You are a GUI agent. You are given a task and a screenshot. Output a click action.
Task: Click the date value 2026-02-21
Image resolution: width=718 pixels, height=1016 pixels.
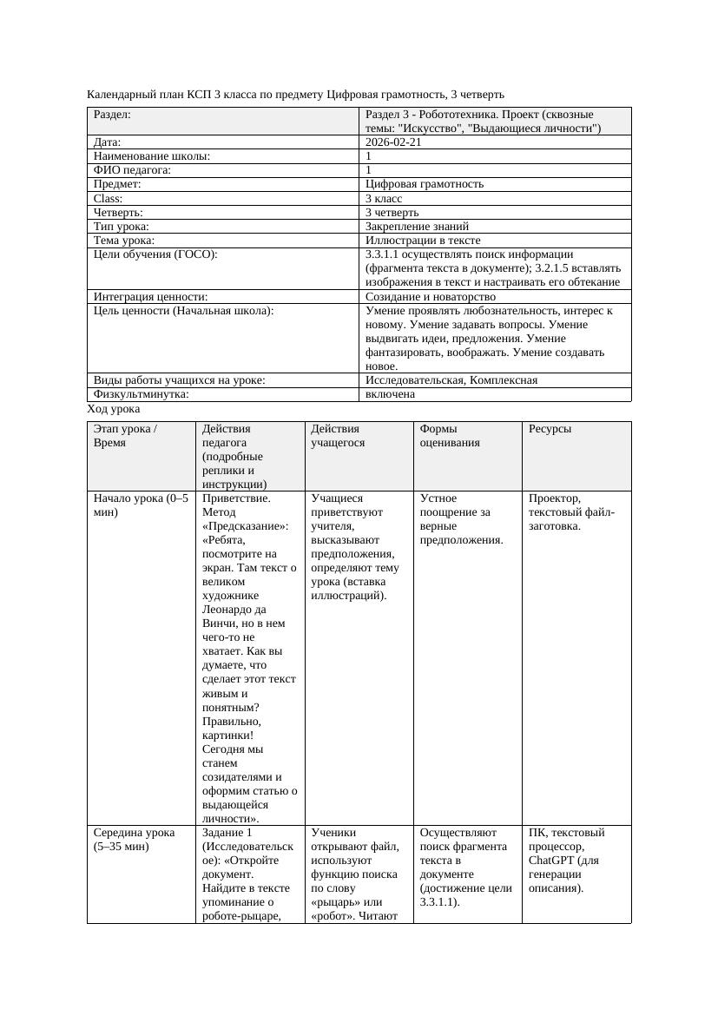[x=394, y=142]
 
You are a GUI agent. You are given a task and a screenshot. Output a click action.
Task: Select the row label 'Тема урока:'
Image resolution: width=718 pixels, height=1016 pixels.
[x=124, y=241]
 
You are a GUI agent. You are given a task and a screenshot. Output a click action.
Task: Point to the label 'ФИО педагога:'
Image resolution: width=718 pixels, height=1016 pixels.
[x=132, y=170]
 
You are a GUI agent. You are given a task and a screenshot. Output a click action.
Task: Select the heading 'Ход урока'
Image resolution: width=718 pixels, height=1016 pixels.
[x=114, y=409]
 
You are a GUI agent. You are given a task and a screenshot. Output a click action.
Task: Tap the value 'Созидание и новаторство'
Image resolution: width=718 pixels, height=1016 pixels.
[x=431, y=297]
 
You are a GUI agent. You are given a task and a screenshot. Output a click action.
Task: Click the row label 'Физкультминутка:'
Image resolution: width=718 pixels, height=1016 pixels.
[x=141, y=394]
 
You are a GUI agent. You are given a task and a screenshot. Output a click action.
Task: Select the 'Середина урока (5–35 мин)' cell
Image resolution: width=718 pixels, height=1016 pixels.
[x=137, y=840]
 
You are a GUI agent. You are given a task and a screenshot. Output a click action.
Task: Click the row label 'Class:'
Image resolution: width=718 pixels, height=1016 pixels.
[x=108, y=199]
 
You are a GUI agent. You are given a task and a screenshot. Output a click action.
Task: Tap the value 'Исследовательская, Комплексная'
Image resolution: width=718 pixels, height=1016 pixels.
[x=451, y=380]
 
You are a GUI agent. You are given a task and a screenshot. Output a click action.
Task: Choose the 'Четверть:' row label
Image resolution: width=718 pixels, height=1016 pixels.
[x=118, y=213]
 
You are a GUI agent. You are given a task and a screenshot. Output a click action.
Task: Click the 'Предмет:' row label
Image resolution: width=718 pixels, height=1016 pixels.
[x=117, y=184]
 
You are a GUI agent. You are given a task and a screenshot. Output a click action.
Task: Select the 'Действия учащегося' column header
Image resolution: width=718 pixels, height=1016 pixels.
[x=338, y=436]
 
